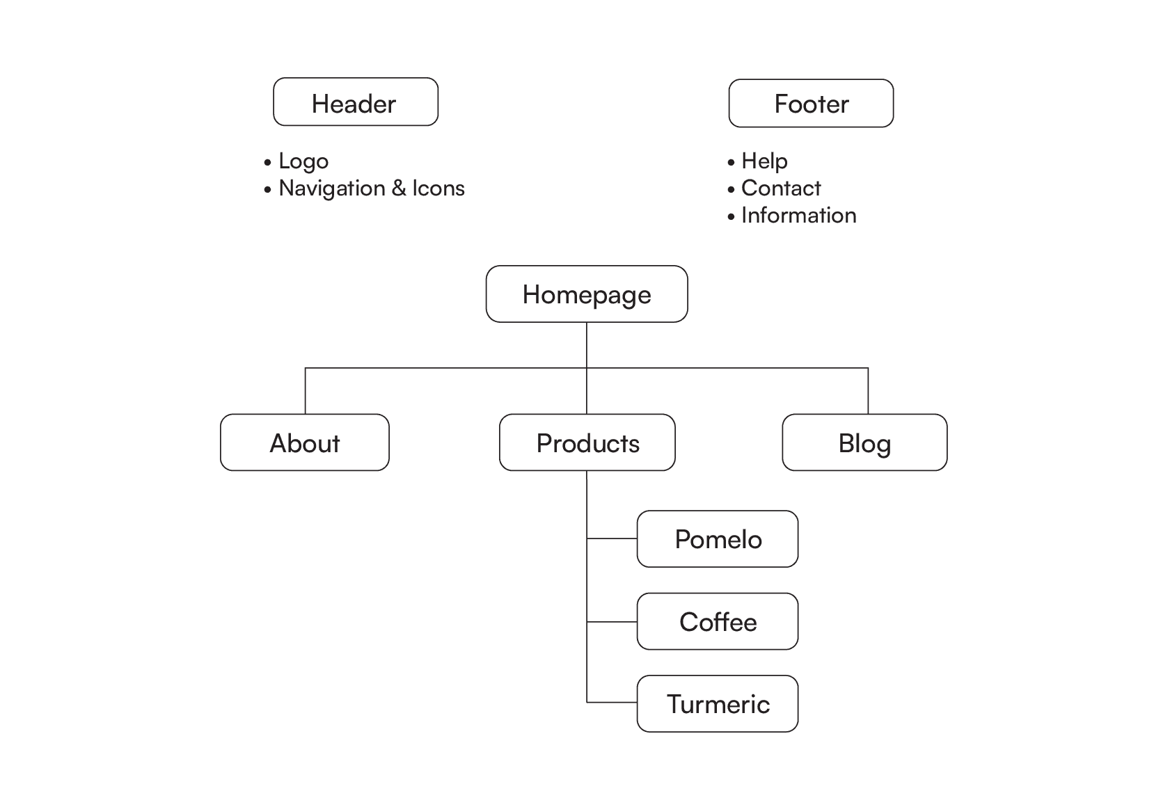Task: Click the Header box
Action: [x=356, y=102]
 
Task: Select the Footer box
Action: [x=811, y=104]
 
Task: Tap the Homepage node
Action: [x=587, y=294]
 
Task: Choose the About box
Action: [x=305, y=443]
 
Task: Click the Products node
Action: [x=587, y=443]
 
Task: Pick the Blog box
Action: [x=864, y=443]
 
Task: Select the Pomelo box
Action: [x=718, y=539]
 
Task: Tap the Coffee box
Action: [x=718, y=622]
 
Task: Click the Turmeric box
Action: [x=718, y=704]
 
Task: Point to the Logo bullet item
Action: [x=303, y=161]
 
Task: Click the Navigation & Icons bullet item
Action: [x=371, y=189]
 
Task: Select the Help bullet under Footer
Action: [x=764, y=161]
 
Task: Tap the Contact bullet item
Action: [x=780, y=189]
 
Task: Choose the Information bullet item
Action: [x=798, y=216]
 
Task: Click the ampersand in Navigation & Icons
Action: [x=399, y=189]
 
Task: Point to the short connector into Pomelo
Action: [x=612, y=538]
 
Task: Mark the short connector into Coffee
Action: [x=612, y=621]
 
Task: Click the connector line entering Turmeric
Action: [x=612, y=702]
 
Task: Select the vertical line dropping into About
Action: [x=306, y=391]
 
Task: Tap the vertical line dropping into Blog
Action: [x=868, y=391]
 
